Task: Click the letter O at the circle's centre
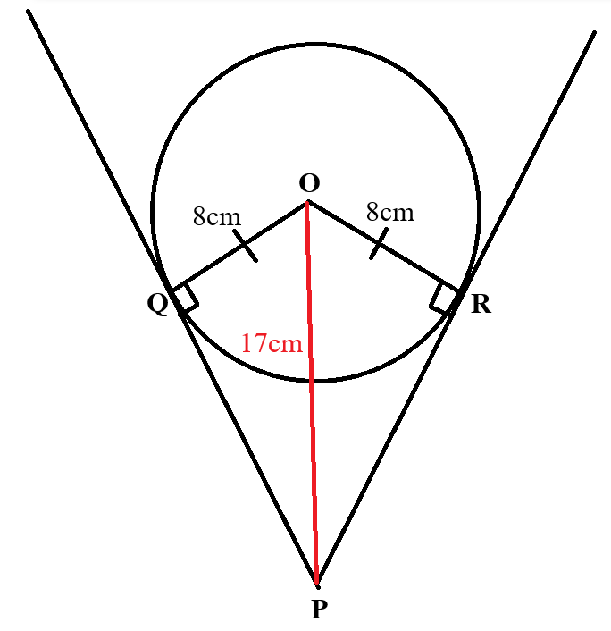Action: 309,183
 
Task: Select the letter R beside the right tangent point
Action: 481,304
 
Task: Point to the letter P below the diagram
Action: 317,609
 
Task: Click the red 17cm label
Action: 272,344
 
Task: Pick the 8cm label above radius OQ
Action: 217,216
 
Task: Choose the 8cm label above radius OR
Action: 389,212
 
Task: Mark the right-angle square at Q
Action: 185,298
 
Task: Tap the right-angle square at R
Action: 444,299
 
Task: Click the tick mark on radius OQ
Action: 245,246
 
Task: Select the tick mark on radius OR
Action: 379,243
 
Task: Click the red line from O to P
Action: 312,392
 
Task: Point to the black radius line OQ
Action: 239,246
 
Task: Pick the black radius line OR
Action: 383,246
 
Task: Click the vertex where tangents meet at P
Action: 317,586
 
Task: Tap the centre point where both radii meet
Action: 307,202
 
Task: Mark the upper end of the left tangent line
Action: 29,11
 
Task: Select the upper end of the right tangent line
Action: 595,32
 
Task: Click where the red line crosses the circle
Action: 312,380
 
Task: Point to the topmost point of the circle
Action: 315,45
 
